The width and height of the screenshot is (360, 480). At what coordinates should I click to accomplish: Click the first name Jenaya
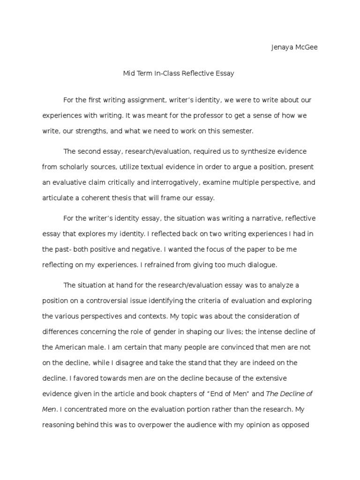pyautogui.click(x=282, y=47)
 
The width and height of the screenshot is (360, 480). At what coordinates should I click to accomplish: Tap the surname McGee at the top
pyautogui.click(x=306, y=47)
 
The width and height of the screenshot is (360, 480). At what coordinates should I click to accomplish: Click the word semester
pyautogui.click(x=237, y=131)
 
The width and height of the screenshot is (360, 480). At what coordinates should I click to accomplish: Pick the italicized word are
pyautogui.click(x=137, y=378)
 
